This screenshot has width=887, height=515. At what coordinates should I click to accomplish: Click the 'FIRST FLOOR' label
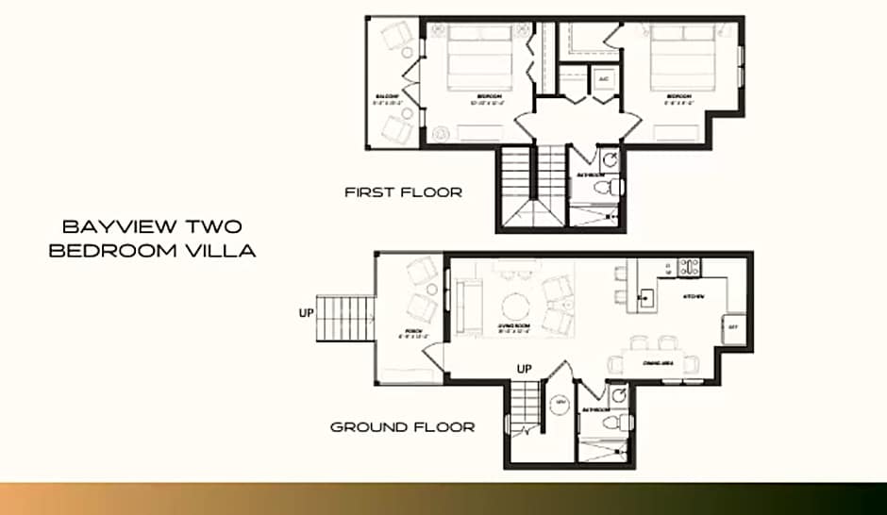point(403,192)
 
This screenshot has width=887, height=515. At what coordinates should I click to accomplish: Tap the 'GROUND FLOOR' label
point(402,427)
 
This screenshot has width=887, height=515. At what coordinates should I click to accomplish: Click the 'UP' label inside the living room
point(526,369)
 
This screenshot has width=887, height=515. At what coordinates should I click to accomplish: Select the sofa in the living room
point(465,306)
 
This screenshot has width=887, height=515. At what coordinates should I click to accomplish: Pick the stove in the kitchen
point(689,267)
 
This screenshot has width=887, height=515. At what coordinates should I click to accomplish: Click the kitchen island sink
point(645,300)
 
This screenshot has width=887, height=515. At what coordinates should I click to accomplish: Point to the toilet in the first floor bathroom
point(611,187)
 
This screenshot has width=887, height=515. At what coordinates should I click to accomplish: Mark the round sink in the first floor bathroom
point(611,158)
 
